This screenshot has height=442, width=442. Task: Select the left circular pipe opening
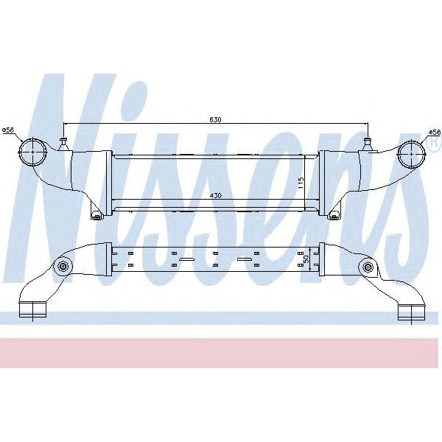34,154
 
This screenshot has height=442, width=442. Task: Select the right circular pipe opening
410,153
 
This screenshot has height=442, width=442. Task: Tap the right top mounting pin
368,141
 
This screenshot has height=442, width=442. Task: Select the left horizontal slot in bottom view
184,260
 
